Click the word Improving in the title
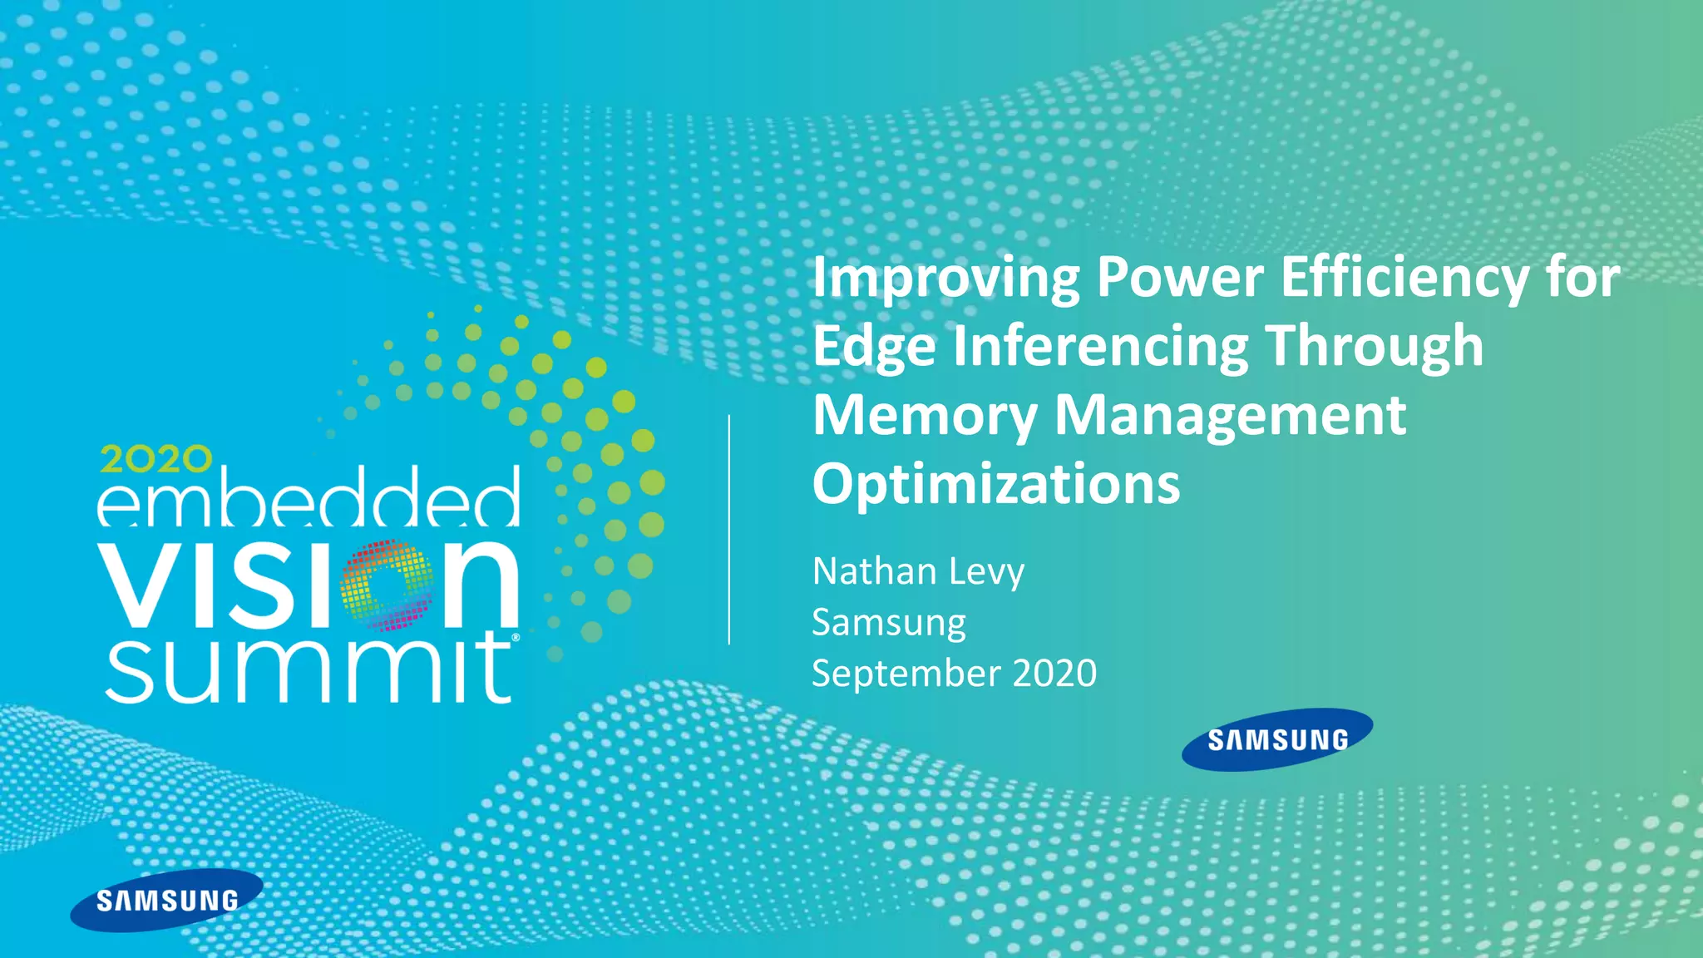point(945,279)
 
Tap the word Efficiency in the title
point(1404,279)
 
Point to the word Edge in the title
point(874,348)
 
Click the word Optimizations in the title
point(996,485)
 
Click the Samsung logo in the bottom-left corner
point(167,900)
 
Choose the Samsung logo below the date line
point(1277,739)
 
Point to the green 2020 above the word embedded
point(155,459)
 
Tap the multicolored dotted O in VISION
point(387,585)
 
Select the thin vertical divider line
point(729,530)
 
